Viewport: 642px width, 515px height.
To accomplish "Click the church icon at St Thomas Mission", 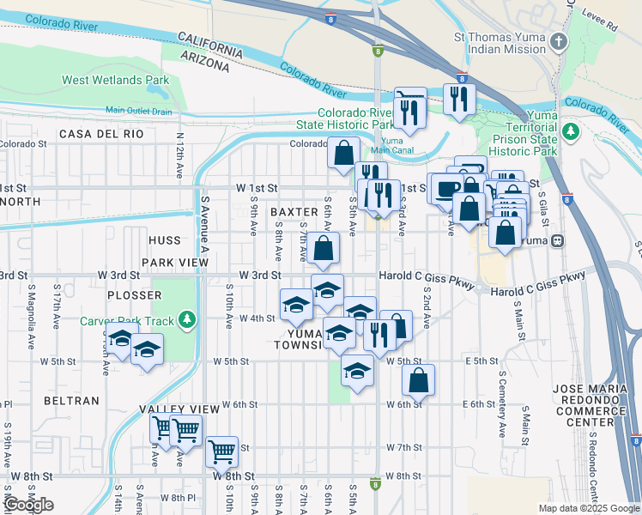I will [x=559, y=41].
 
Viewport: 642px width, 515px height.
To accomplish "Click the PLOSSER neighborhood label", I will [x=134, y=294].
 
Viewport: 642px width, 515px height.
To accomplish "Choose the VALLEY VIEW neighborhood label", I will [x=177, y=409].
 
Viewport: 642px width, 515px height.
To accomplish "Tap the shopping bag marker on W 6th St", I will [x=418, y=380].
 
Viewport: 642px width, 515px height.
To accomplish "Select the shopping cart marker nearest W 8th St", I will [x=222, y=450].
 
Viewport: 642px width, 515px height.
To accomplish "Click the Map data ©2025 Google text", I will [x=589, y=507].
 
